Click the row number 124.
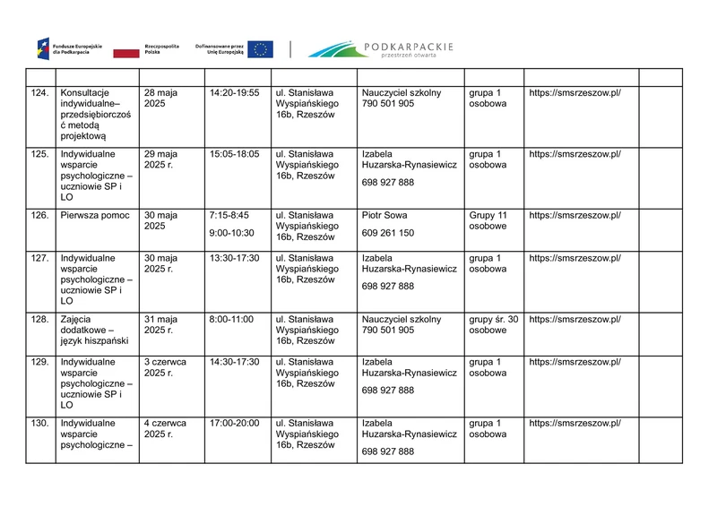pyautogui.click(x=39, y=93)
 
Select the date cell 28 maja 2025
pyautogui.click(x=160, y=99)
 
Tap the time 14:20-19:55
pyautogui.click(x=234, y=93)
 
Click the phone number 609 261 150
pyautogui.click(x=388, y=233)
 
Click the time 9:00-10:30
pyautogui.click(x=231, y=233)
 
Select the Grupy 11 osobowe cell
pyautogui.click(x=488, y=221)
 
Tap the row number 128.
pyautogui.click(x=39, y=319)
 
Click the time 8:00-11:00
pyautogui.click(x=230, y=319)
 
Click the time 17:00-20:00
pyautogui.click(x=234, y=423)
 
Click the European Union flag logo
pyautogui.click(x=261, y=50)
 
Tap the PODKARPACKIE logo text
pyautogui.click(x=410, y=46)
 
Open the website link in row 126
pyautogui.click(x=574, y=216)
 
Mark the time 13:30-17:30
pyautogui.click(x=234, y=258)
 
